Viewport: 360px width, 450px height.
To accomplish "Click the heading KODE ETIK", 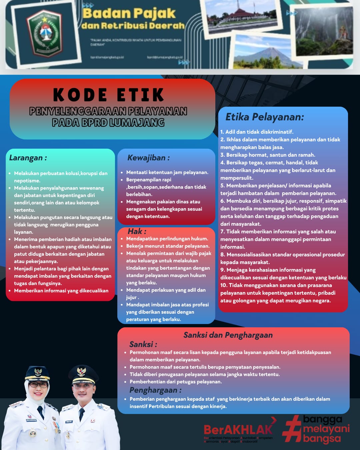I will tap(108, 95).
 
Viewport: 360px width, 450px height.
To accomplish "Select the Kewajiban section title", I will tap(148, 158).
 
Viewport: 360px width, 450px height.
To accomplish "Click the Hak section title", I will tap(137, 231).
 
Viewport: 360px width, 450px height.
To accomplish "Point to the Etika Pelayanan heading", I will tap(265, 117).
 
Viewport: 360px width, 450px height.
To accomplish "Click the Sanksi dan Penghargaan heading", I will tap(228, 335).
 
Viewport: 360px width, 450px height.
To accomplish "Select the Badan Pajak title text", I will tap(129, 13).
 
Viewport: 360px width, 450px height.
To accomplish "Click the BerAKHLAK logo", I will tap(238, 430).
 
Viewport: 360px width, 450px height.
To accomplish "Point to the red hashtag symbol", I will tap(292, 429).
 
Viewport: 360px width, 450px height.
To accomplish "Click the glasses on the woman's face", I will tap(38, 385).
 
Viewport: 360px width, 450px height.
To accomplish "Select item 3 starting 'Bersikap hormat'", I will tap(268, 155).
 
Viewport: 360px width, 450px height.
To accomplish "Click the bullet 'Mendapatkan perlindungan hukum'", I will tap(167, 239).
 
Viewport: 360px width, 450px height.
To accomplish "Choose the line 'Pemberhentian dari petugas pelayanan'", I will tap(176, 382).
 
